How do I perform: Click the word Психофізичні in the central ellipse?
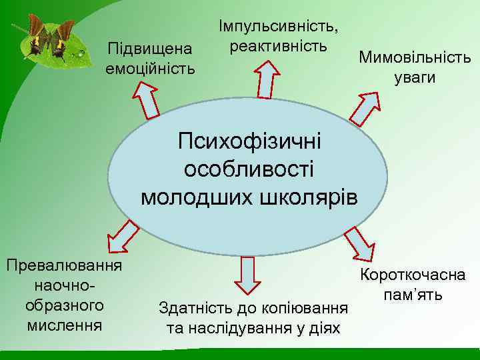point(249,141)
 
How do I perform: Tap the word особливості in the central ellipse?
point(249,169)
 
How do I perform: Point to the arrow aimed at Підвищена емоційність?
point(147,99)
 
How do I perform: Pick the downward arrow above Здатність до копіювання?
point(249,274)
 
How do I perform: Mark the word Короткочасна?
point(413,275)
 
